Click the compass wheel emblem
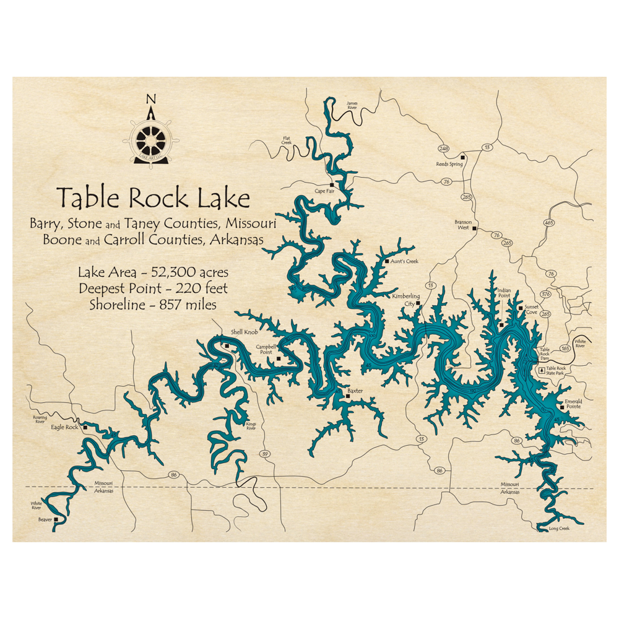point(150,140)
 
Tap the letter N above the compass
point(150,99)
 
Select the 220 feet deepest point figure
point(201,288)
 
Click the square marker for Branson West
point(475,229)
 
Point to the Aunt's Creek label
point(404,261)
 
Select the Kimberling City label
point(406,300)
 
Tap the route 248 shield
point(443,149)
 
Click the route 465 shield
point(548,222)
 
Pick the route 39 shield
point(266,454)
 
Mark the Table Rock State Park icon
point(542,370)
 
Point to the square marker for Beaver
point(56,519)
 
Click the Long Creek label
point(558,528)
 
